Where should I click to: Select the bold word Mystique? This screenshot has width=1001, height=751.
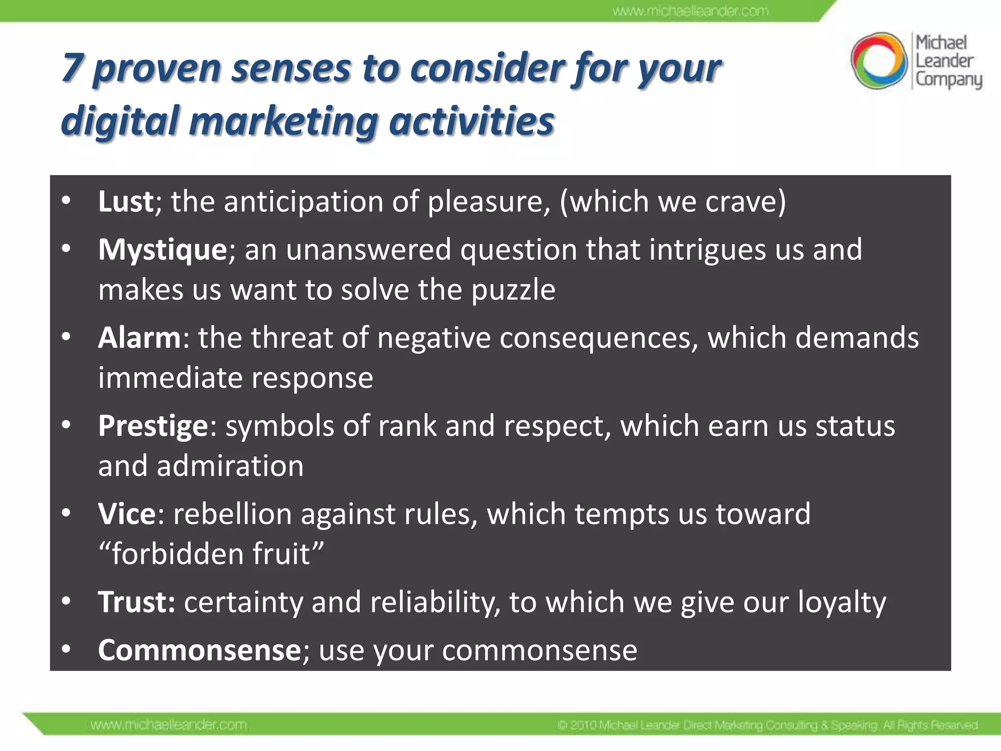[x=162, y=249]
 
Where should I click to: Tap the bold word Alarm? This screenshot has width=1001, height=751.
[x=139, y=338]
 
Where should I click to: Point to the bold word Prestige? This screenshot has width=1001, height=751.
[x=153, y=426]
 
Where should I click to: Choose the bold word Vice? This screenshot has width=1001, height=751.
[x=127, y=514]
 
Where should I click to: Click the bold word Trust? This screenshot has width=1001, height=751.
[x=136, y=602]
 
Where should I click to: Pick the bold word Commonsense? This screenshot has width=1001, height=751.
[x=199, y=650]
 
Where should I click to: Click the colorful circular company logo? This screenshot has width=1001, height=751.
[x=879, y=61]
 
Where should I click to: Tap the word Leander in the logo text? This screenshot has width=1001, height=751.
[x=944, y=61]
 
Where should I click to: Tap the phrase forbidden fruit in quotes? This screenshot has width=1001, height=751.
[x=211, y=554]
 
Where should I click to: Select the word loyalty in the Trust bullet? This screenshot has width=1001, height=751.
[x=842, y=602]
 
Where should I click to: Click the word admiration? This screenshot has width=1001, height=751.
[x=230, y=466]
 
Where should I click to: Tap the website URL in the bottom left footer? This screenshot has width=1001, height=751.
[x=168, y=725]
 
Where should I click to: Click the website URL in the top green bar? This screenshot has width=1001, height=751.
[x=690, y=11]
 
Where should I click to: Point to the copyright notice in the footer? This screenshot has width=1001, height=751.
[x=767, y=725]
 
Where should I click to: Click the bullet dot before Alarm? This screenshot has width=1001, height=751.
[x=66, y=337]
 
